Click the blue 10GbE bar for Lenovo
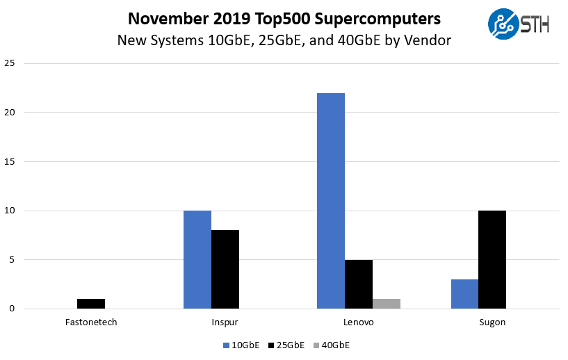(331, 201)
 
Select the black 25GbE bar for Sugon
(492, 259)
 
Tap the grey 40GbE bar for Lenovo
(387, 304)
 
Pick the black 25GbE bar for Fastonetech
(91, 304)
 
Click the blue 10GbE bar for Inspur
(197, 259)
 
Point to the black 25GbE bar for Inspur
(225, 269)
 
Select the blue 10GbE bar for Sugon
(464, 294)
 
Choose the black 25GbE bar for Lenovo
(359, 284)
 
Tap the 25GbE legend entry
(286, 345)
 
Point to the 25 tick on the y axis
(10, 64)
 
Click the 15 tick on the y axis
(10, 162)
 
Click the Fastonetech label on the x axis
(91, 322)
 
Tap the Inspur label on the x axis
(225, 322)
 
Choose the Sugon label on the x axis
(492, 322)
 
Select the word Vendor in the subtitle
(430, 40)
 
